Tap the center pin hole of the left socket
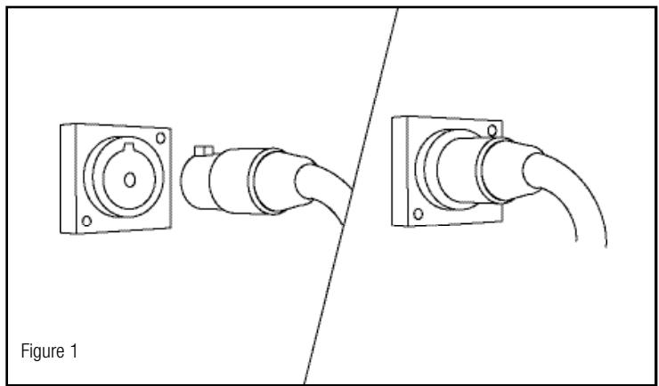click(130, 181)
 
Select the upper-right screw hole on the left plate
click(160, 138)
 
